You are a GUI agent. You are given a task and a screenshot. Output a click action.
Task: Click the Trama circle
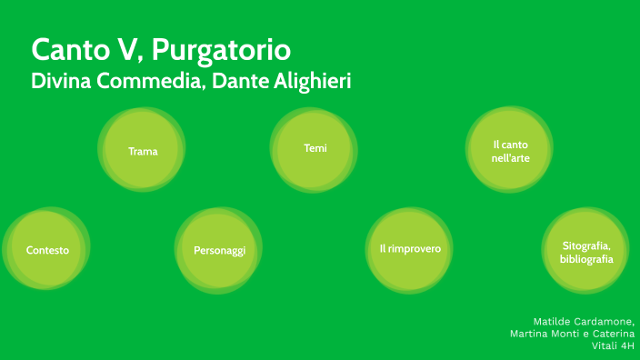tap(143, 151)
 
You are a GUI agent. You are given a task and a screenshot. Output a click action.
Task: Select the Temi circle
tap(315, 148)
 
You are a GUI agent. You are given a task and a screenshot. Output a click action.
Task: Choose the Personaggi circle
tap(219, 250)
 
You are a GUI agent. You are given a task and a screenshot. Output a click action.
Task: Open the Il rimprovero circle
tap(410, 248)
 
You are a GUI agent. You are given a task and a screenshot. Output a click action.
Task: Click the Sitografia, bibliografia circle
tap(586, 252)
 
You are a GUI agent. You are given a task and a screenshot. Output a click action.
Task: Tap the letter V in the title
tap(124, 48)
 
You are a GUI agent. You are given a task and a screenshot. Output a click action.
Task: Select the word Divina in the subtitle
tap(56, 80)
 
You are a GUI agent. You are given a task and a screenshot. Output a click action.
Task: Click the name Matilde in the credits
tap(554, 321)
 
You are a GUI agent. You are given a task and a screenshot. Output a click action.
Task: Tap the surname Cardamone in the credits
tap(605, 321)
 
